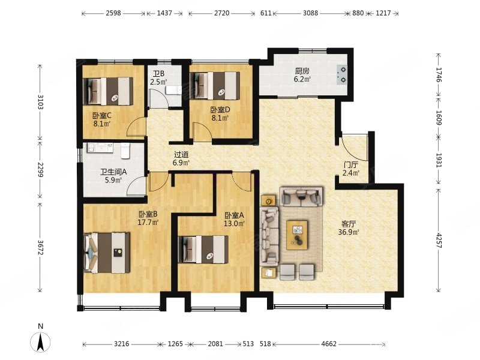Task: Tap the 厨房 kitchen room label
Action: click(302, 71)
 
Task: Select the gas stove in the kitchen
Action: click(341, 74)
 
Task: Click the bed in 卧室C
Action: click(108, 91)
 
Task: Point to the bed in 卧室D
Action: click(215, 86)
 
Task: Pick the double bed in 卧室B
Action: click(107, 253)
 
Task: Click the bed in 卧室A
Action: click(203, 249)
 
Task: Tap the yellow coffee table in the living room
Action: click(297, 235)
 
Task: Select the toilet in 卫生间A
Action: click(125, 151)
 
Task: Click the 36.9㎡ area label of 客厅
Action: click(349, 232)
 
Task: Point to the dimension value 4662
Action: click(328, 344)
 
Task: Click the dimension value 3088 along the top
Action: click(310, 13)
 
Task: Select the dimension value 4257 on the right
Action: click(439, 241)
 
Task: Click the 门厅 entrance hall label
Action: click(350, 165)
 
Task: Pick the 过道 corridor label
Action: click(181, 155)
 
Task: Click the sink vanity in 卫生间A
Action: click(100, 148)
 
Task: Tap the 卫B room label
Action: click(159, 74)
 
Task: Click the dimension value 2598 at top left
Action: click(113, 13)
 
